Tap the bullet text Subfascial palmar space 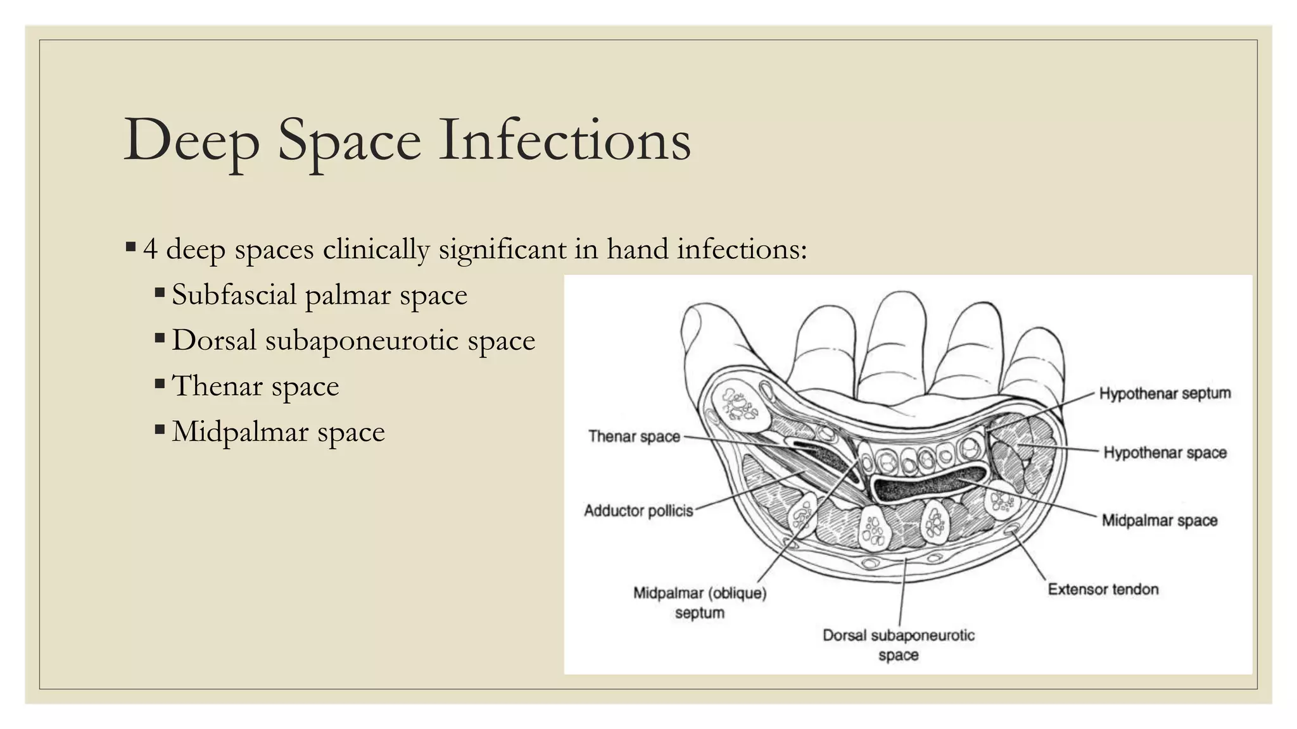[x=319, y=295]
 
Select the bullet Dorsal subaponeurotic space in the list [x=353, y=340]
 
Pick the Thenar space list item [x=255, y=386]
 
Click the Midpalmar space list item [x=278, y=432]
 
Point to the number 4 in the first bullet [x=150, y=249]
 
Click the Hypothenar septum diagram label [x=1165, y=394]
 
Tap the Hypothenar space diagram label [x=1165, y=452]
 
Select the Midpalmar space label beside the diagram [x=1160, y=520]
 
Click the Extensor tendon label [x=1103, y=589]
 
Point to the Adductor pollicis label [x=638, y=511]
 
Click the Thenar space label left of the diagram [x=634, y=437]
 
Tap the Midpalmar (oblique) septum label [x=700, y=602]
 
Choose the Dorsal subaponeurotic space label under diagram [x=898, y=644]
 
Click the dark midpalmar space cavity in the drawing [x=925, y=483]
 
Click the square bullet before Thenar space [x=160, y=383]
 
